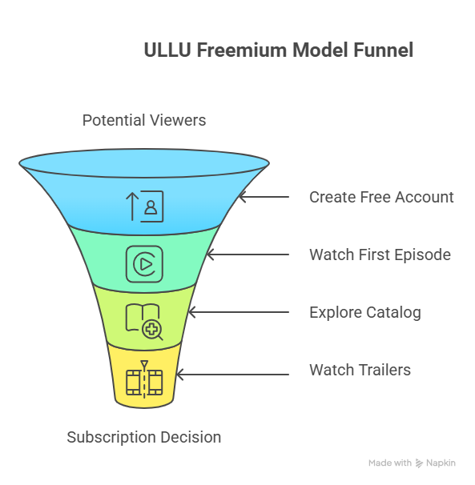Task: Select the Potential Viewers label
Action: click(x=144, y=120)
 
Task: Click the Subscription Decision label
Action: click(x=144, y=437)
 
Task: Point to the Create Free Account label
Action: click(x=381, y=197)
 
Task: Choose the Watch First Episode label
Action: click(x=380, y=255)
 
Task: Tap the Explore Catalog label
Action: click(x=364, y=312)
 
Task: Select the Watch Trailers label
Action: click(x=360, y=370)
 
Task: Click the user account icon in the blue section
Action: click(x=144, y=205)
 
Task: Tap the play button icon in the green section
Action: click(x=144, y=263)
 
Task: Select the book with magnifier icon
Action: click(x=144, y=322)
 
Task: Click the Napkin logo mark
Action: click(x=420, y=463)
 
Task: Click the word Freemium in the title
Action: click(x=241, y=50)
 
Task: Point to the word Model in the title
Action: click(x=319, y=50)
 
